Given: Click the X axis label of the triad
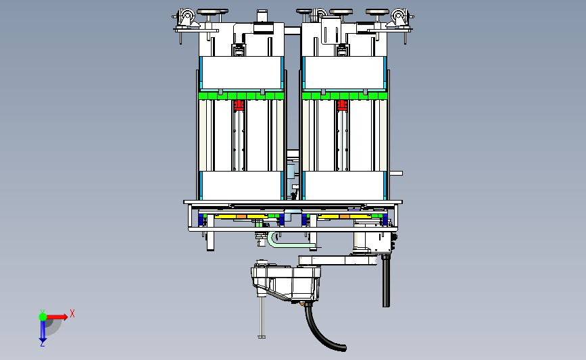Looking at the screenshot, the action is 72,313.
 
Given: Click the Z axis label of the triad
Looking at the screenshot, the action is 42,344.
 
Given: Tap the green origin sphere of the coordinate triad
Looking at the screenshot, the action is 43,317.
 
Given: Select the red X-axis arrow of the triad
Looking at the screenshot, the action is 57,317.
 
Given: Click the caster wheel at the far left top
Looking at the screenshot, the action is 186,17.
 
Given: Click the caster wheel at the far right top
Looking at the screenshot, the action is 398,17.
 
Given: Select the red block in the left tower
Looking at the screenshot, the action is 239,105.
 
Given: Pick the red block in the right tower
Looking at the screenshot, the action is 342,105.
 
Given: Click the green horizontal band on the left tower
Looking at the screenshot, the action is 241,96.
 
